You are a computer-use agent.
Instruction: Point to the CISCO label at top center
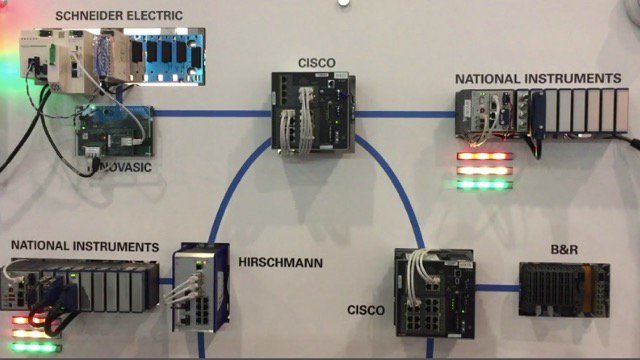tap(317, 62)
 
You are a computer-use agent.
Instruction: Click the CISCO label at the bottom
tap(365, 311)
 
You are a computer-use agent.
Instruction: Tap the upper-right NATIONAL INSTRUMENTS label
tap(538, 78)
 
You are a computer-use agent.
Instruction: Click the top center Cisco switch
tap(312, 112)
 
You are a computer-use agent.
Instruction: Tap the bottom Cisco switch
tap(434, 292)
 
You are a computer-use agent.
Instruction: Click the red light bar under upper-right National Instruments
tap(483, 156)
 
